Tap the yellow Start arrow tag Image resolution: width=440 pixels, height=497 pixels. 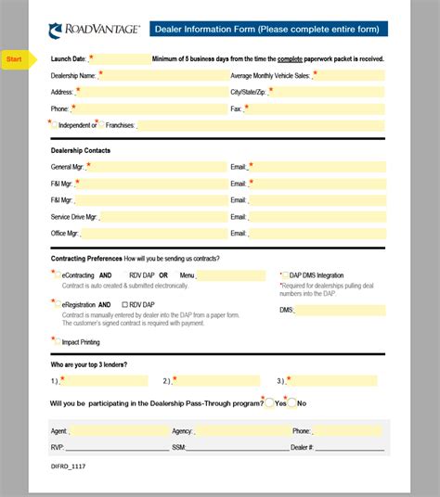[x=16, y=59]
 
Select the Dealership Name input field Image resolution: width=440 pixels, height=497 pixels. [x=162, y=75]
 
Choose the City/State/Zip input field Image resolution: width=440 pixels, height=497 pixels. [x=330, y=92]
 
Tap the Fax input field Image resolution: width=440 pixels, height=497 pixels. [x=316, y=108]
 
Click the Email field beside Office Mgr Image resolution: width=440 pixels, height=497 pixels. [x=317, y=234]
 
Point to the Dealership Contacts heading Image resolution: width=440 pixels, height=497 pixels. [x=81, y=149]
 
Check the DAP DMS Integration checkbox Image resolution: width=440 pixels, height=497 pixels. [x=285, y=275]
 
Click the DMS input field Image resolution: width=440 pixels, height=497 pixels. [x=340, y=311]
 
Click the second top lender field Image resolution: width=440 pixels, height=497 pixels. [x=217, y=381]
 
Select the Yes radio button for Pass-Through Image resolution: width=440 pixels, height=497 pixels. [x=269, y=403]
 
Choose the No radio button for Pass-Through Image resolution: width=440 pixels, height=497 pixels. [x=291, y=403]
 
